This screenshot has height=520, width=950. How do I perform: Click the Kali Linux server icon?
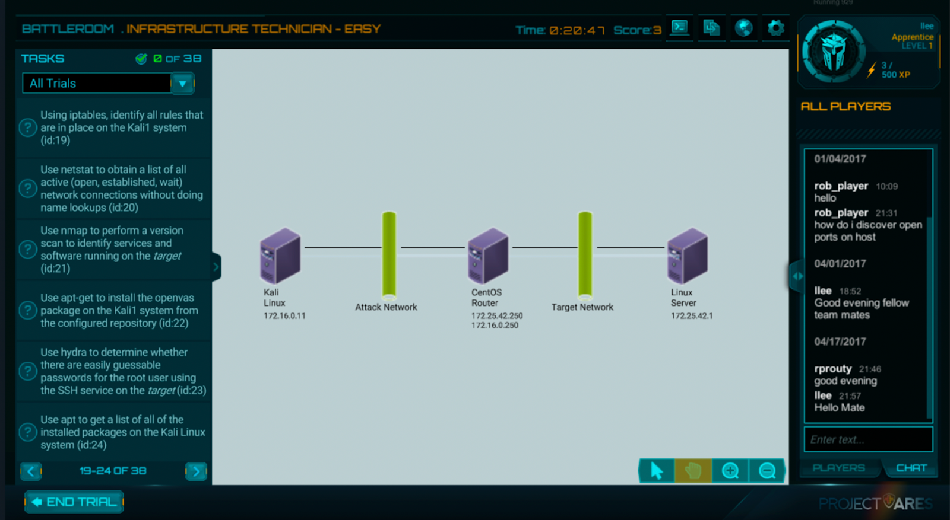point(280,256)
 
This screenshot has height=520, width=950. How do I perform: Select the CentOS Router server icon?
point(487,256)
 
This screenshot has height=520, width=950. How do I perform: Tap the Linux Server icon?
point(687,256)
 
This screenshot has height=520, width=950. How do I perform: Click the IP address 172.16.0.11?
point(284,316)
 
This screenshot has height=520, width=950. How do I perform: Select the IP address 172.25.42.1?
point(692,316)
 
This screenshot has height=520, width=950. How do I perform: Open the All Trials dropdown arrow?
point(182,84)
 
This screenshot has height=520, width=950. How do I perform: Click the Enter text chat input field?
point(867,439)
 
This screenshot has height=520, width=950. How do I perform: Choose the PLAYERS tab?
point(838,468)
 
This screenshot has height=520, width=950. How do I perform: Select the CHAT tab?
point(911,468)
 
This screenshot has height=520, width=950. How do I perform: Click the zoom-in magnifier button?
point(730,471)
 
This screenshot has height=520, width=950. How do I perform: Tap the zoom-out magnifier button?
point(767,471)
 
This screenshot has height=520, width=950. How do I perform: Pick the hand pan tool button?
point(693,471)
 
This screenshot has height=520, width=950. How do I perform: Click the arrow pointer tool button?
point(656,471)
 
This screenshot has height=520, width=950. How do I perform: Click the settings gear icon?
point(775,28)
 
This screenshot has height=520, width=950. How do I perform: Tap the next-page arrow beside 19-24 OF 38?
point(196,471)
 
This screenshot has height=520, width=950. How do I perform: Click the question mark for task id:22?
point(28,310)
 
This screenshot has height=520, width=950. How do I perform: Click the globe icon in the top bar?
point(743,28)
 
